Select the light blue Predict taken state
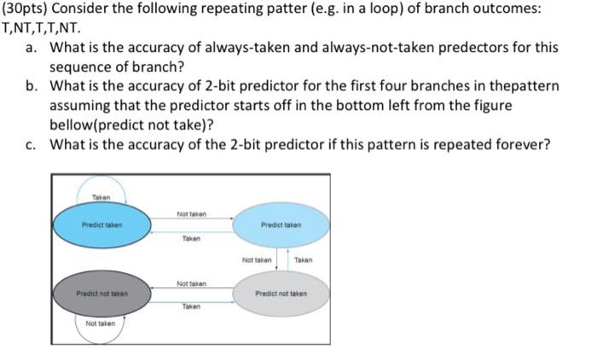280,226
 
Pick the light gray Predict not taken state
280,293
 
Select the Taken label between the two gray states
191,305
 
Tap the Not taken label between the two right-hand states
256,259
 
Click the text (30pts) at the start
27,9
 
